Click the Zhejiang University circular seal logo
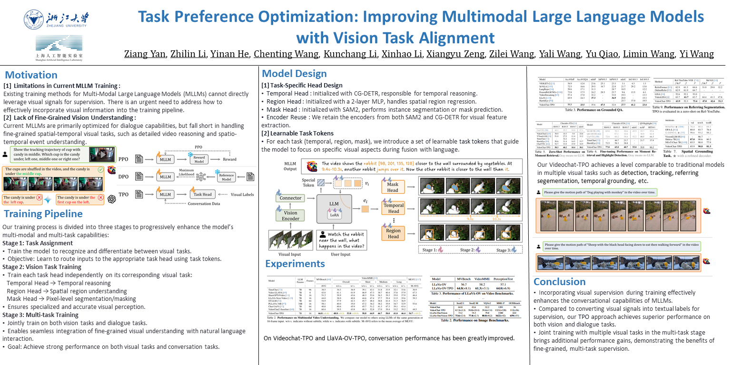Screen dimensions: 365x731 34,20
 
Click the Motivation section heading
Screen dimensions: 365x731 31,75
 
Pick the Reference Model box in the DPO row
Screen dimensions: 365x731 227,176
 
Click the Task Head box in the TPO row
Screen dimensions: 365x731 202,194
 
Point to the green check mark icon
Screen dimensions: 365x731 113,170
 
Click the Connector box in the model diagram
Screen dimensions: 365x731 291,198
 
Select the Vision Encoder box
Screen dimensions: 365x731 290,216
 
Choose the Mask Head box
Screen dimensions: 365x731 393,187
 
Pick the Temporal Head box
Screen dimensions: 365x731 393,208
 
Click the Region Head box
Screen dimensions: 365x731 393,233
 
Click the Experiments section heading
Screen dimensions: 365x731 295,264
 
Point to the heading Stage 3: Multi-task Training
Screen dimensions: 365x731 40,315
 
